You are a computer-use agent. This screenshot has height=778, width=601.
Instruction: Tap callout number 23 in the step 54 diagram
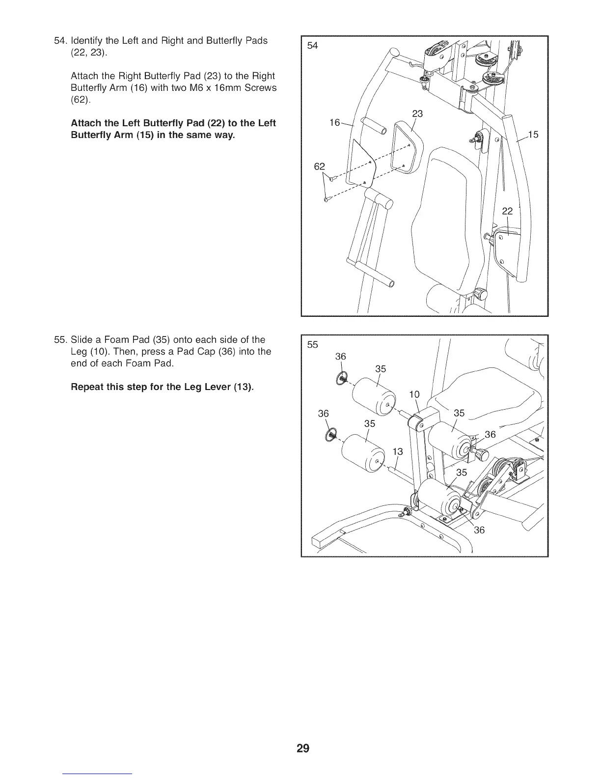click(417, 114)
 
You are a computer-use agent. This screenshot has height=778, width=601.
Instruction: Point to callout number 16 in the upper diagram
click(334, 123)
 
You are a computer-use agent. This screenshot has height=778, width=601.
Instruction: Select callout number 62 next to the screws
click(319, 167)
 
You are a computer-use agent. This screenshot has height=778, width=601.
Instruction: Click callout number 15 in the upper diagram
click(533, 134)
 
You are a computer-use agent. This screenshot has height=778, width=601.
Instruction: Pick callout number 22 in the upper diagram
click(507, 211)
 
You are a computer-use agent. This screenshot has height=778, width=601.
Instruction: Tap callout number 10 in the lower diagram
click(414, 394)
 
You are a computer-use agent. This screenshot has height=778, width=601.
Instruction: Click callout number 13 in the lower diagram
click(397, 451)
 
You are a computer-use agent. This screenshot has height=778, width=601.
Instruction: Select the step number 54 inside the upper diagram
click(312, 46)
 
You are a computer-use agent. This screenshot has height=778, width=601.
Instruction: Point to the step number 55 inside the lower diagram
click(312, 344)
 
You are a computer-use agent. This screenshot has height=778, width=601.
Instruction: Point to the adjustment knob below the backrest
click(480, 295)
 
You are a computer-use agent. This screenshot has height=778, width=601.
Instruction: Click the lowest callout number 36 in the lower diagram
click(479, 530)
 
